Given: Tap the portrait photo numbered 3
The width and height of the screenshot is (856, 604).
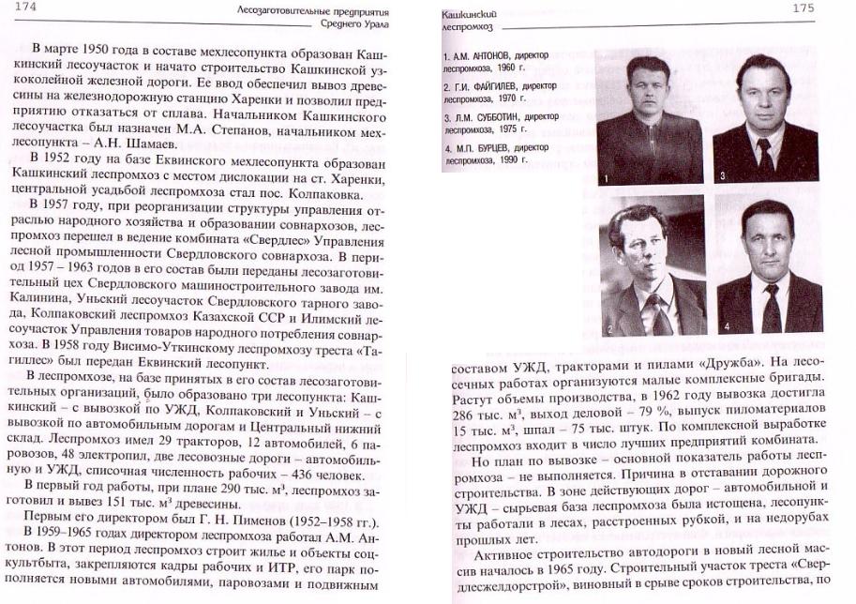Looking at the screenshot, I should (766, 117).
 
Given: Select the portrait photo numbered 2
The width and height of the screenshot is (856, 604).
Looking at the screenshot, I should (652, 265).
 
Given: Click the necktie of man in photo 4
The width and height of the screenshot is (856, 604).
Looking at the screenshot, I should (771, 308).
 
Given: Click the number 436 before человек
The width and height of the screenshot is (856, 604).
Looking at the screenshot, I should (295, 471).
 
